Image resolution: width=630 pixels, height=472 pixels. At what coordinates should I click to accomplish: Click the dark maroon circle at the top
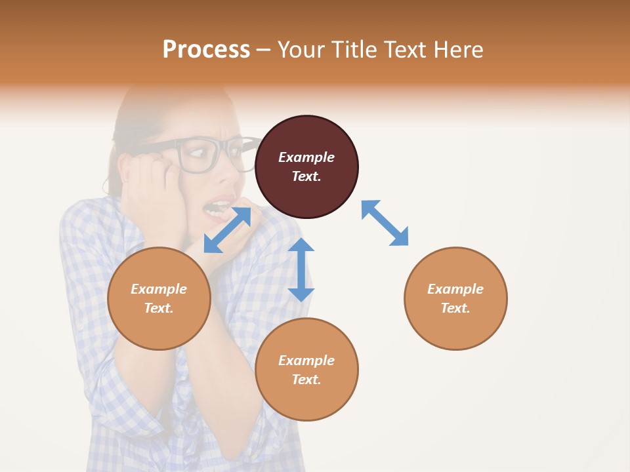pyautogui.click(x=306, y=167)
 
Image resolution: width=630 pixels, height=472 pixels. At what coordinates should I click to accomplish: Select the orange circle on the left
pyautogui.click(x=159, y=298)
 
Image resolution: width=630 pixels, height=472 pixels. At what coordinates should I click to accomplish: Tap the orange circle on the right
pyautogui.click(x=455, y=298)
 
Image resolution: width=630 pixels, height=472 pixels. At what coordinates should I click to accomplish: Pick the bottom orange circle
pyautogui.click(x=306, y=370)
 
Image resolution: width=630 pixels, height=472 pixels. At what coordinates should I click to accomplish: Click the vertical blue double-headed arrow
pyautogui.click(x=301, y=269)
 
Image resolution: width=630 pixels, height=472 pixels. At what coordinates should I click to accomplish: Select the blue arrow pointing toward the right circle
pyautogui.click(x=385, y=223)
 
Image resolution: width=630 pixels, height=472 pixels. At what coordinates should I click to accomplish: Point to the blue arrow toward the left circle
pyautogui.click(x=227, y=230)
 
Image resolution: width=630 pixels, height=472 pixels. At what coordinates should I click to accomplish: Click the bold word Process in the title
pyautogui.click(x=206, y=50)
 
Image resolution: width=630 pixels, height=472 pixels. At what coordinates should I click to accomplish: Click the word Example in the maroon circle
pyautogui.click(x=306, y=157)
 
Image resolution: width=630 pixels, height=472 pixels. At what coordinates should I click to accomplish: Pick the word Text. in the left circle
pyautogui.click(x=159, y=308)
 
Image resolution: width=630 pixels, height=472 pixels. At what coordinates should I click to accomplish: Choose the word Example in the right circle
pyautogui.click(x=455, y=289)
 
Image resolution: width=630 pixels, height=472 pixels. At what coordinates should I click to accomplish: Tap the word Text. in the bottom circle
pyautogui.click(x=306, y=380)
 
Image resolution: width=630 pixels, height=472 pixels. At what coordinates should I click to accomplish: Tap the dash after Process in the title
pyautogui.click(x=263, y=50)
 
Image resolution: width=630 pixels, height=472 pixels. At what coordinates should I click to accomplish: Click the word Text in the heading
pyautogui.click(x=407, y=50)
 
